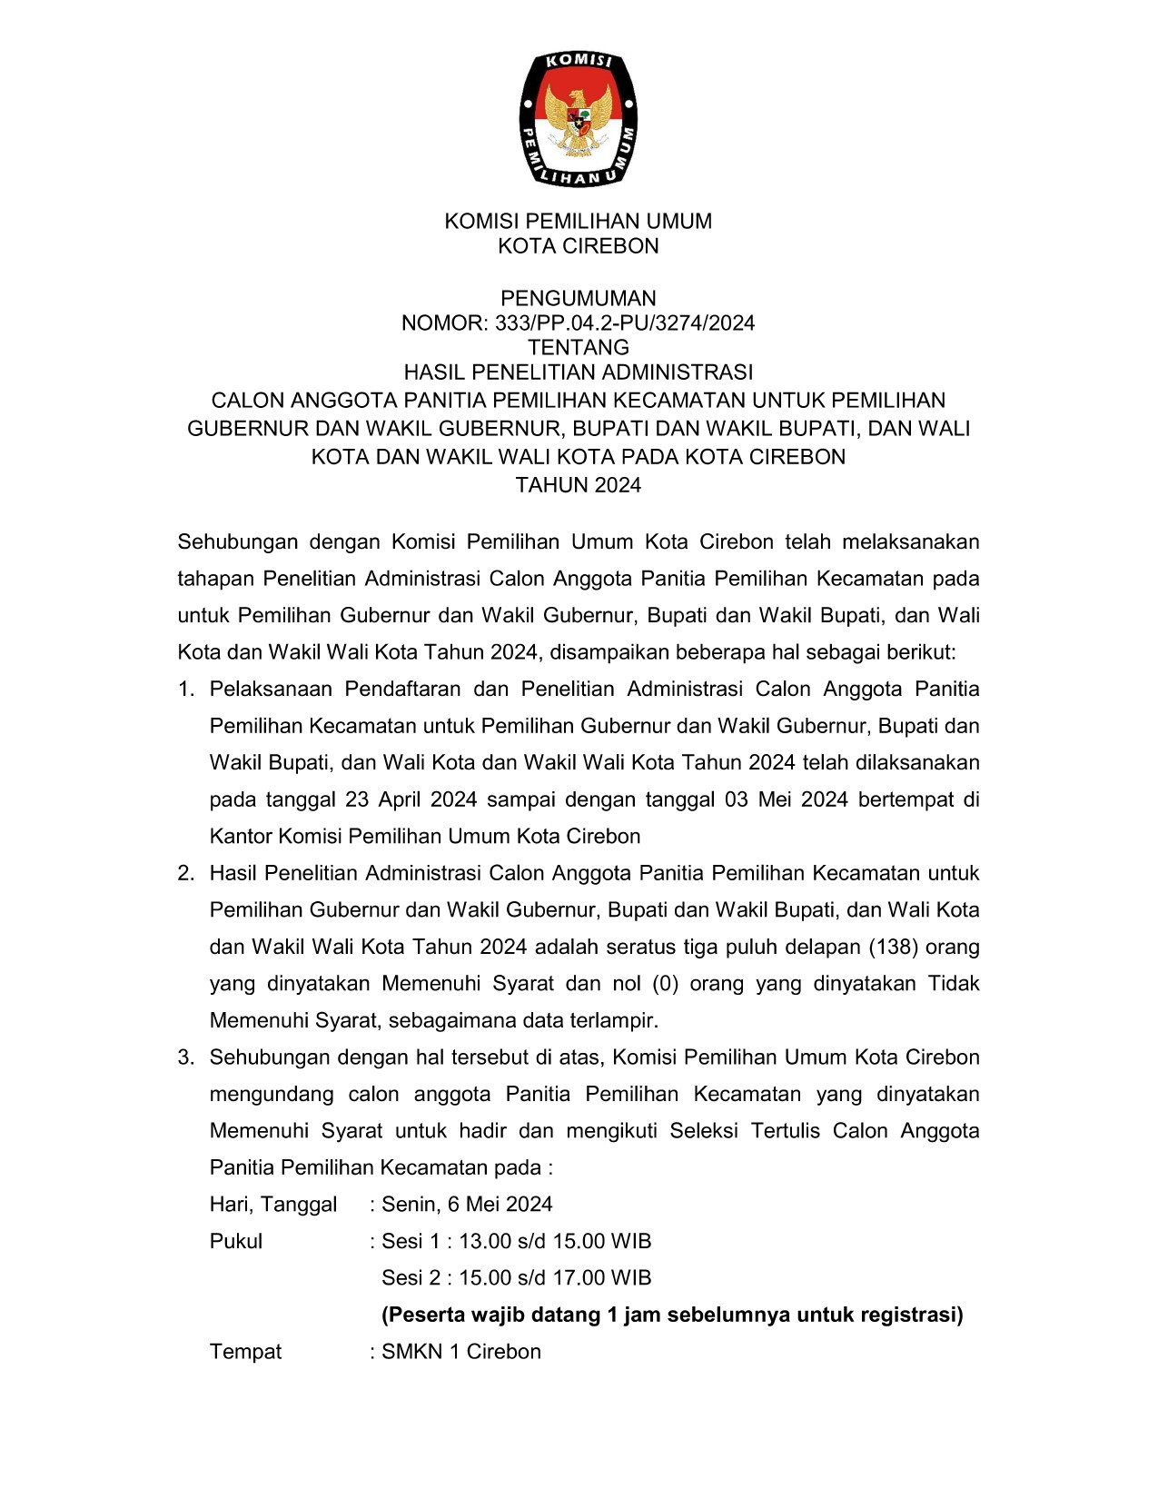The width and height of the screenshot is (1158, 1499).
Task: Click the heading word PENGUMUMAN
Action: coord(579,298)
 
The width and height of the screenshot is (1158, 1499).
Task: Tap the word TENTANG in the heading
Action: coord(579,347)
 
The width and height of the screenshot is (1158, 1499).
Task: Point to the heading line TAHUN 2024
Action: coord(579,485)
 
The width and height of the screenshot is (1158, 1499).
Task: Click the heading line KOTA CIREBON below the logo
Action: coord(579,245)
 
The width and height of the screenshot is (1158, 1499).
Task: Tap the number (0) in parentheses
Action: coord(666,983)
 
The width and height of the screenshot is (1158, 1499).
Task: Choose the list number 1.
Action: coord(186,689)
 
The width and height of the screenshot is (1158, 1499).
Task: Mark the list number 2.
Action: coord(186,873)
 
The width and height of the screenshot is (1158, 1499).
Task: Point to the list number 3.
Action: coord(186,1057)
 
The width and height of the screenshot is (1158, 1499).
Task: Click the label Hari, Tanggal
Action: coord(273,1204)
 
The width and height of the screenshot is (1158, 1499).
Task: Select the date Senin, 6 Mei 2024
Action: coord(467,1204)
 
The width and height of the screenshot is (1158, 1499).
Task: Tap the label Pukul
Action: coord(236,1241)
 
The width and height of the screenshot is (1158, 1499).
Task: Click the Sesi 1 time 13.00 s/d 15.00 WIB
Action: coord(555,1241)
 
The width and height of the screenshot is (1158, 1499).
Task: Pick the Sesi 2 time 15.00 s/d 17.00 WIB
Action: coord(555,1277)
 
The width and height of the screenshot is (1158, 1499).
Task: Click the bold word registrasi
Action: coord(911,1315)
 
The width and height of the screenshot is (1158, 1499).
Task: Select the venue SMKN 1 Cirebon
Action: coord(461,1351)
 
